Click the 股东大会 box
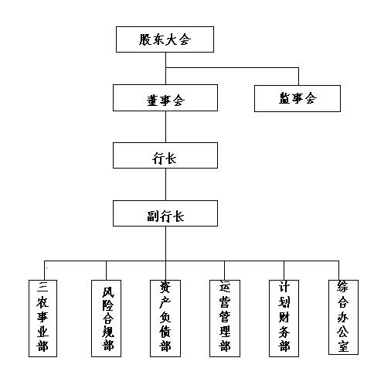click(165, 39)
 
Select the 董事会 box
click(165, 98)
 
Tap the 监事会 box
click(297, 98)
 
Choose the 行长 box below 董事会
click(165, 155)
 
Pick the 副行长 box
click(165, 213)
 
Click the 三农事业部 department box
click(42, 319)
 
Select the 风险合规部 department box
click(106, 319)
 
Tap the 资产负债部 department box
click(165, 319)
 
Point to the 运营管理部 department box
click(225, 319)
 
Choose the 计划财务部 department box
click(284, 319)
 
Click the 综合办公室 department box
click(343, 317)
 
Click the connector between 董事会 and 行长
click(165, 127)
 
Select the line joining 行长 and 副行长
click(165, 185)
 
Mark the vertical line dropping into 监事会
click(298, 77)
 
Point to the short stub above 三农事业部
click(45, 271)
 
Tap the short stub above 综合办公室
click(338, 271)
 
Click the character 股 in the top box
click(145, 39)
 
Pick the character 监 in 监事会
click(284, 98)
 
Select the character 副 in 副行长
click(153, 216)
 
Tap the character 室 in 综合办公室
click(343, 346)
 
